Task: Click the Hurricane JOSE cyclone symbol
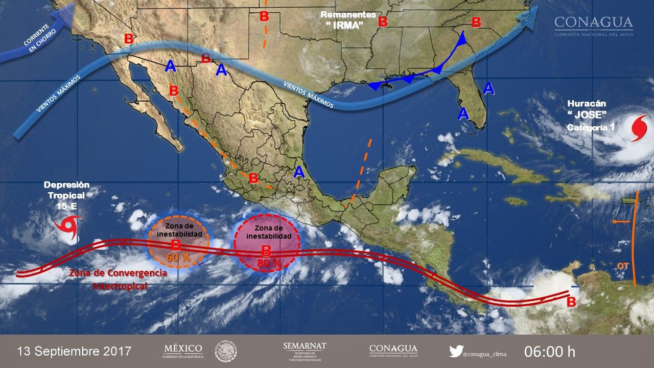coord(639,128)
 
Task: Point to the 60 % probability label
coord(178,258)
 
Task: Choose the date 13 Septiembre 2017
coord(74,352)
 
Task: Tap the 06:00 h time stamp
coord(550,352)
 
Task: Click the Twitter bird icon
coord(456,351)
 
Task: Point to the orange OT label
coord(622,266)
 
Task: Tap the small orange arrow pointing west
coord(620,222)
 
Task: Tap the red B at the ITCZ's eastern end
coord(571,302)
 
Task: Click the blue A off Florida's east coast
coord(489,88)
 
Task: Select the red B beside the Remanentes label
coord(383,22)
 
